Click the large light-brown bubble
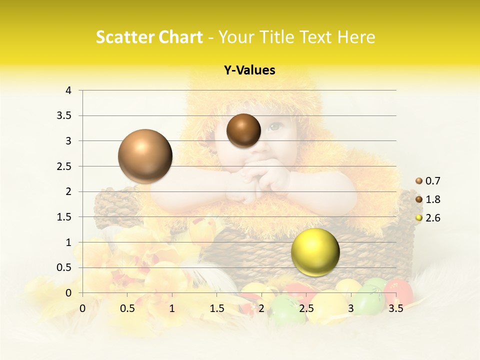click(x=145, y=156)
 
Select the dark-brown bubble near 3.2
click(x=243, y=130)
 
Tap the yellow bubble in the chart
click(x=315, y=252)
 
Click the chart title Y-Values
click(x=249, y=70)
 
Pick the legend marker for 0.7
click(x=419, y=181)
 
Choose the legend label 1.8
click(x=433, y=199)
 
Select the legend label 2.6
click(x=433, y=218)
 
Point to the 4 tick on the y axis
click(x=68, y=90)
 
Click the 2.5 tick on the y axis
click(x=63, y=166)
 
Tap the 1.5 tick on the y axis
click(x=63, y=217)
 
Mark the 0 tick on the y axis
click(x=68, y=293)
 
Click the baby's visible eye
click(x=274, y=127)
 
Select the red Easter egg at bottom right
click(x=398, y=292)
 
